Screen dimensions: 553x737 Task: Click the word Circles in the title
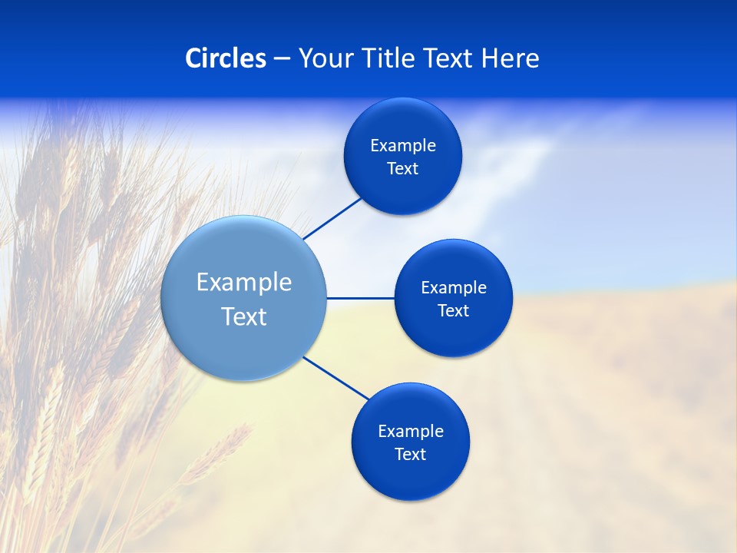[225, 58]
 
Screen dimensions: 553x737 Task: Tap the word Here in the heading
[510, 58]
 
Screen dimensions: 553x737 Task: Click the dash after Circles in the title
[282, 59]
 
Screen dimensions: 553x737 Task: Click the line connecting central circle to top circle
[332, 218]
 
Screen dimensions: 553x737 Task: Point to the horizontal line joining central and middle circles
[360, 298]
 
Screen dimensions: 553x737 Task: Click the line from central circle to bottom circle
[336, 379]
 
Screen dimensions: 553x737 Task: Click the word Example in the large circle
[244, 283]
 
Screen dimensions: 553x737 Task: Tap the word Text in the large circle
[244, 316]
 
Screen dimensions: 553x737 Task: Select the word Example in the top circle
[403, 146]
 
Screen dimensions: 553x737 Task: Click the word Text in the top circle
[403, 169]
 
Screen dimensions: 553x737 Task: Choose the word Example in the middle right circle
[454, 288]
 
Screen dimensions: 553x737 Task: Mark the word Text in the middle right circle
[454, 311]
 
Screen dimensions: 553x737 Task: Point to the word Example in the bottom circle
[411, 432]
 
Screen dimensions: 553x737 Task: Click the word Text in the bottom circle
[411, 455]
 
